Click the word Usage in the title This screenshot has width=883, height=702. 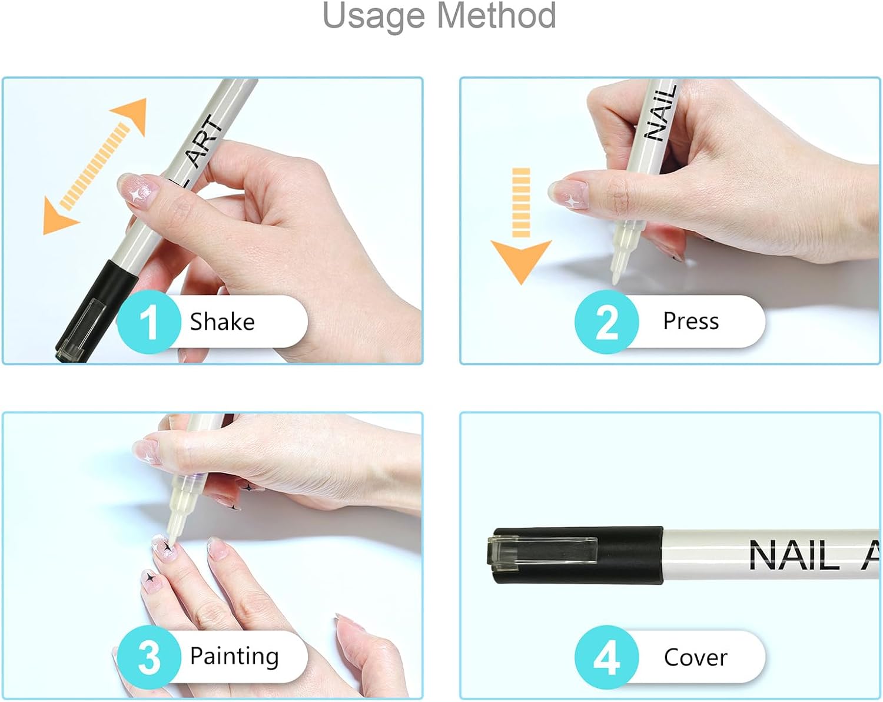point(374,16)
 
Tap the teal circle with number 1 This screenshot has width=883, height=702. point(149,322)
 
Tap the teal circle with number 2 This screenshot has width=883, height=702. point(606,322)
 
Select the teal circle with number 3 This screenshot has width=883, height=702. point(149,657)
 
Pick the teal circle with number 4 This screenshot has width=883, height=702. point(606,657)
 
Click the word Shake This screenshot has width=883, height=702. point(222,322)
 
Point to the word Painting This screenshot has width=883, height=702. point(234,657)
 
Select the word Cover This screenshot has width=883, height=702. point(695,657)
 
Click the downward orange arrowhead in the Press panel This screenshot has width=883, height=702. point(521,262)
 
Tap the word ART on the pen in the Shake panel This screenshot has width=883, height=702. point(205,141)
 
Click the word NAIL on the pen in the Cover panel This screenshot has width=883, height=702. point(794,555)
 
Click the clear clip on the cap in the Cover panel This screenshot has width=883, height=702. point(541,552)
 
